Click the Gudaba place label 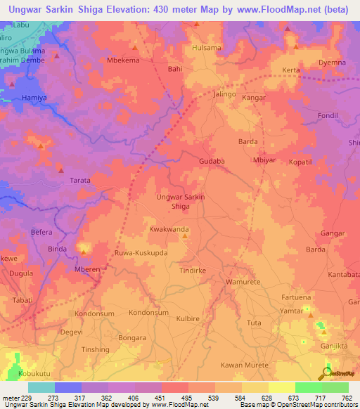pyautogui.click(x=211, y=161)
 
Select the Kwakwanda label pyautogui.click(x=169, y=229)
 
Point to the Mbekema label pyautogui.click(x=122, y=60)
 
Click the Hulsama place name pyautogui.click(x=206, y=48)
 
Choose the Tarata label pyautogui.click(x=80, y=181)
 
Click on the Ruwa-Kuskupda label pyautogui.click(x=141, y=252)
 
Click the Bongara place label pyautogui.click(x=133, y=337)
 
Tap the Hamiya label pyautogui.click(x=34, y=98)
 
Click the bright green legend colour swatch pyautogui.click(x=308, y=387)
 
